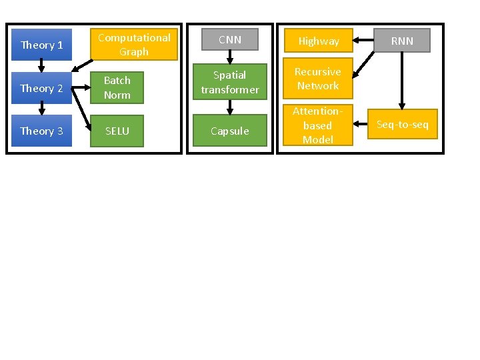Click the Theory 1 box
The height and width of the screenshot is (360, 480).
pyautogui.click(x=41, y=45)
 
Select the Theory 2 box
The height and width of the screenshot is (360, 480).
pyautogui.click(x=41, y=88)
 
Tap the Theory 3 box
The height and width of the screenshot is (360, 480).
pyautogui.click(x=41, y=131)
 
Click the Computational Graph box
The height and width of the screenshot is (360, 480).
pyautogui.click(x=134, y=45)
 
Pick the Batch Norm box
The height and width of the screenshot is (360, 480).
pyautogui.click(x=117, y=87)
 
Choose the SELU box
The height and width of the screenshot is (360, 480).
pyautogui.click(x=117, y=131)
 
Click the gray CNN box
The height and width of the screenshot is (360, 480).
pyautogui.click(x=230, y=40)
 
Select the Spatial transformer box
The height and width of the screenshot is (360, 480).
pyautogui.click(x=230, y=82)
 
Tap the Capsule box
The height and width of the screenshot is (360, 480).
pyautogui.click(x=230, y=131)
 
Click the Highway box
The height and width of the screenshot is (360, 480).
pyautogui.click(x=318, y=41)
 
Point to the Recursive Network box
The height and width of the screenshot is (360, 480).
pyautogui.click(x=318, y=79)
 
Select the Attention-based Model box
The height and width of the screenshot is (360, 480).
pyautogui.click(x=318, y=125)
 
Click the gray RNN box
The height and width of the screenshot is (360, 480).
pyautogui.click(x=402, y=41)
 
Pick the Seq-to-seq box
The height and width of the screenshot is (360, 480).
pyautogui.click(x=403, y=125)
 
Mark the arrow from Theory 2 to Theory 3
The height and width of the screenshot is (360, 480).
pyautogui.click(x=41, y=109)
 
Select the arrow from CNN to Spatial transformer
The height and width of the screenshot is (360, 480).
pyautogui.click(x=230, y=57)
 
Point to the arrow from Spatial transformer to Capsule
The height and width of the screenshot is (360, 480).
pyautogui.click(x=230, y=107)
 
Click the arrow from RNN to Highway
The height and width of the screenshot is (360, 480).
pyautogui.click(x=363, y=41)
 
